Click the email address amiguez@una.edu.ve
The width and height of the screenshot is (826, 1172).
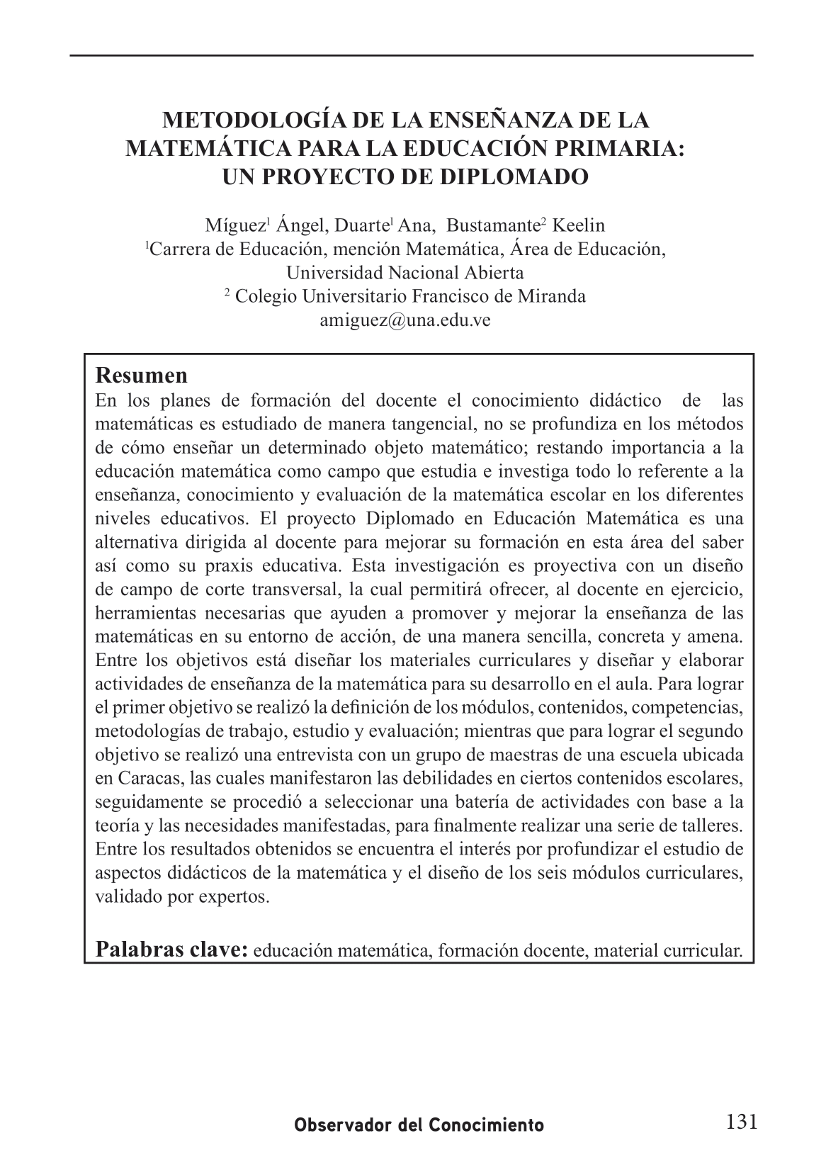(405, 320)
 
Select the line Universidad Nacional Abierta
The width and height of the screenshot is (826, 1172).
(405, 273)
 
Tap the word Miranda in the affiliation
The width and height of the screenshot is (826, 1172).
(555, 296)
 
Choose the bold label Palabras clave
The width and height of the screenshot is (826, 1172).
(171, 949)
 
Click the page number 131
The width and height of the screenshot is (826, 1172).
(742, 1122)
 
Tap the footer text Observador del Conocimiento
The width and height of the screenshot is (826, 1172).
(419, 1125)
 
